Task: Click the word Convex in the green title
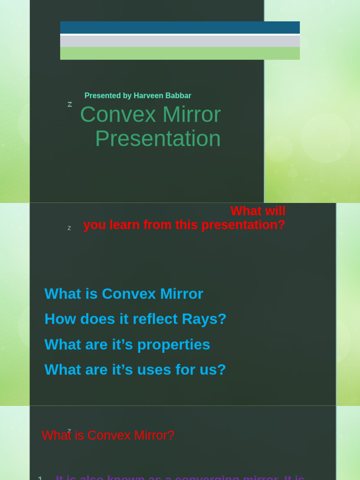(118, 115)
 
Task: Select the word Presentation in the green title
(158, 139)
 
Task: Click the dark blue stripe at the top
(180, 27)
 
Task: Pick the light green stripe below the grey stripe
(180, 53)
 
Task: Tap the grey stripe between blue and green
(180, 41)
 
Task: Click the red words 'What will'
(258, 211)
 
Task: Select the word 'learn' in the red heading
(125, 225)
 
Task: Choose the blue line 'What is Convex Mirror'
(124, 294)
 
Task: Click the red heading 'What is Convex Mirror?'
(108, 435)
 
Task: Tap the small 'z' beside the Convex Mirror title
(70, 104)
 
